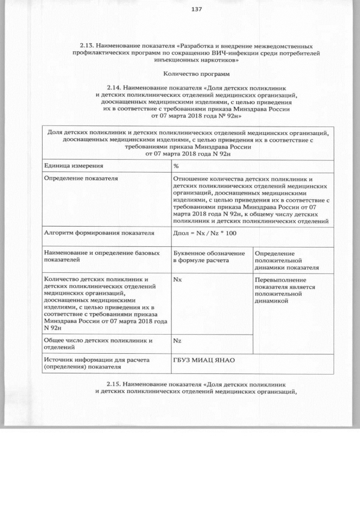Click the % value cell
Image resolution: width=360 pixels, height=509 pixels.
tap(176, 166)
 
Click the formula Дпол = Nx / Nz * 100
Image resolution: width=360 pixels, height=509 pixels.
tap(205, 232)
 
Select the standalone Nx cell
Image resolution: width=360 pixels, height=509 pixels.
tap(177, 280)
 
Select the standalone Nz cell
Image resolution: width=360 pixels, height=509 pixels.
tap(177, 341)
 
